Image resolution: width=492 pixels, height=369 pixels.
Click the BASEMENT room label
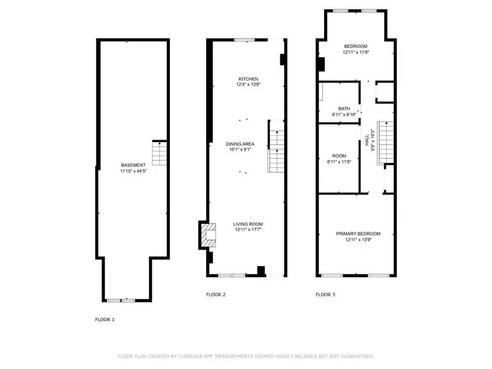(133, 165)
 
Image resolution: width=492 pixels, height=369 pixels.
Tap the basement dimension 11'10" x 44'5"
(133, 171)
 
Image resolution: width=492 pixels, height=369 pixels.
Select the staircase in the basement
(159, 153)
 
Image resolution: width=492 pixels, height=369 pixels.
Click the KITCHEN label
(248, 79)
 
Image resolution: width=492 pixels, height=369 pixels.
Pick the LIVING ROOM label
(248, 224)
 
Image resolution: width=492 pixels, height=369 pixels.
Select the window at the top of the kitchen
(244, 41)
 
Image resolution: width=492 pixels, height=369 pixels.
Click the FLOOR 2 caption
(215, 295)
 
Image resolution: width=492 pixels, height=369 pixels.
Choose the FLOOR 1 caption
(105, 320)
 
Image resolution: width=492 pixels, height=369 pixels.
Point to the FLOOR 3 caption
(325, 295)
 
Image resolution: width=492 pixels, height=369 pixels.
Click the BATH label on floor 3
(344, 109)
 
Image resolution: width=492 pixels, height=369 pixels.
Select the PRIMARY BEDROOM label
(358, 234)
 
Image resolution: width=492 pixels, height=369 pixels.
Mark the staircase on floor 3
(385, 140)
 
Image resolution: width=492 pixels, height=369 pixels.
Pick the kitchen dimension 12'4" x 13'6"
(248, 85)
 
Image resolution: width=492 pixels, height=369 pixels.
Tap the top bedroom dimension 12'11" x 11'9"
(355, 52)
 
